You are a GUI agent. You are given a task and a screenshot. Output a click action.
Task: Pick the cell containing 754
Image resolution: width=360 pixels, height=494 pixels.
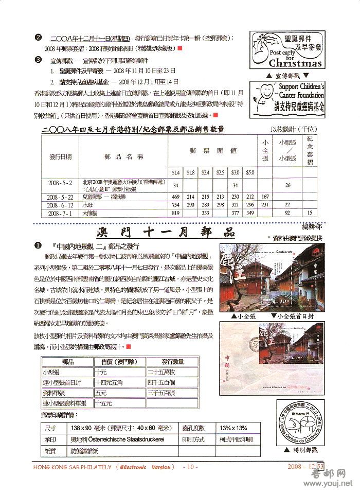pos(176,205)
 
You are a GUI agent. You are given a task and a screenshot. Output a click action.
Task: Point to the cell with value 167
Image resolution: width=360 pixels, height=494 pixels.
pos(265,197)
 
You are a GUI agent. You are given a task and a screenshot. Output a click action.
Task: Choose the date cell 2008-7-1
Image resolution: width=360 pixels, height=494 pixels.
pos(60,213)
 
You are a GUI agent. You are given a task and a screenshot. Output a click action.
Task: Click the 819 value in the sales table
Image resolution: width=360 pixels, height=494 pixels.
pos(176,213)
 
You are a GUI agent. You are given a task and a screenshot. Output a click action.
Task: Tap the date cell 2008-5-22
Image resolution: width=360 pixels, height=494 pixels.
pos(60,197)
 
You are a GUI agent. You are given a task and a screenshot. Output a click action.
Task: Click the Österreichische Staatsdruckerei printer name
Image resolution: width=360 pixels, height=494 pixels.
pos(125,440)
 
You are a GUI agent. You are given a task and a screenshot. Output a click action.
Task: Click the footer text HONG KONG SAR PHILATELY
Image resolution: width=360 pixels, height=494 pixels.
pos(72,467)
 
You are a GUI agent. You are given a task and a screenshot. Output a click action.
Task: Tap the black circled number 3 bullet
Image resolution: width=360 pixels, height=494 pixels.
pos(38,59)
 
